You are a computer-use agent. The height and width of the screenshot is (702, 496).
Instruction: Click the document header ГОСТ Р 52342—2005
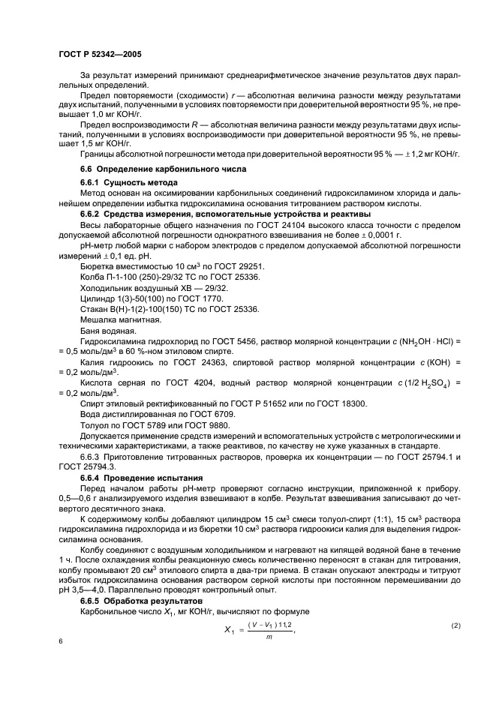click(x=99, y=54)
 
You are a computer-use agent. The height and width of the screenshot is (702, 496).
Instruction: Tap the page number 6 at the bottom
click(x=60, y=641)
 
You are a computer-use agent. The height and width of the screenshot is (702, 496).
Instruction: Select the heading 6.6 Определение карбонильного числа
click(x=163, y=169)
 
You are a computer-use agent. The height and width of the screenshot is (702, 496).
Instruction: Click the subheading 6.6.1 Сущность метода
click(x=128, y=183)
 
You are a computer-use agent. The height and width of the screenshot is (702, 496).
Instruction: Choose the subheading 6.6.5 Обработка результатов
click(x=141, y=601)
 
